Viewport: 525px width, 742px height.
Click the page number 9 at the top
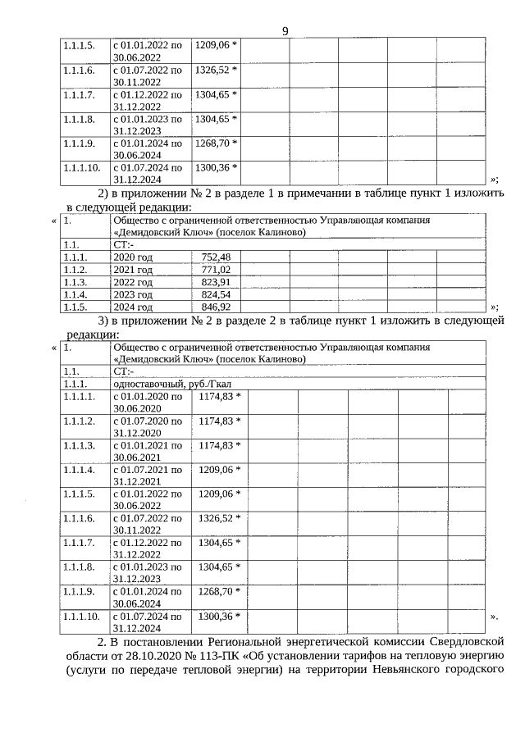[x=285, y=31]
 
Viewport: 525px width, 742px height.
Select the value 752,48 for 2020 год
[x=216, y=257]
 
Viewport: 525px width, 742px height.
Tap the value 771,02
[x=216, y=270]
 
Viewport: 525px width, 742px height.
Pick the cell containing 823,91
[x=216, y=282]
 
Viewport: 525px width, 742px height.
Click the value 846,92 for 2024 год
[x=216, y=307]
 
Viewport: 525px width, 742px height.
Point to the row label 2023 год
[x=133, y=294]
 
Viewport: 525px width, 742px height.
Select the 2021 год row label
[x=133, y=270]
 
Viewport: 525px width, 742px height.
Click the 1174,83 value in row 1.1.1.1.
[x=219, y=397]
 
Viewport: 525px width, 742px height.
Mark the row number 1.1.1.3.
[x=80, y=445]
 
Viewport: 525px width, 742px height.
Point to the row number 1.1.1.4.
[x=80, y=470]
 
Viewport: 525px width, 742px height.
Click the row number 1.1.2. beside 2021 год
[x=75, y=270]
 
